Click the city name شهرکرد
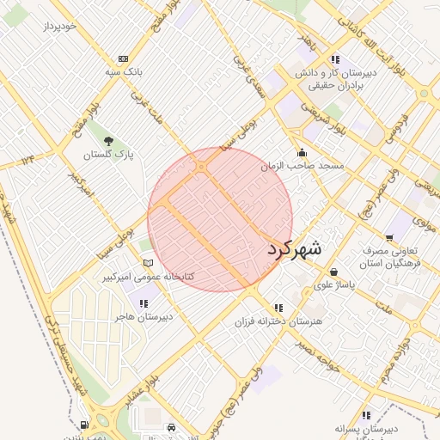pyautogui.click(x=294, y=249)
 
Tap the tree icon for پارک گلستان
pyautogui.click(x=107, y=140)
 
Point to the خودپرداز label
pyautogui.click(x=61, y=26)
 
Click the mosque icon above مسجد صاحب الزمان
pyautogui.click(x=300, y=152)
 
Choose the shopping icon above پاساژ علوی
pyautogui.click(x=333, y=272)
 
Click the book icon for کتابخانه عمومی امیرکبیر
pyautogui.click(x=148, y=263)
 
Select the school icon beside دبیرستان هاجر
pyautogui.click(x=144, y=302)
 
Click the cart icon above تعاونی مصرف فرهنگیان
pyautogui.click(x=389, y=238)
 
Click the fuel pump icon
pyautogui.click(x=83, y=425)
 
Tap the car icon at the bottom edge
pyautogui.click(x=172, y=426)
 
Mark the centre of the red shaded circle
pyautogui.click(x=220, y=219)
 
